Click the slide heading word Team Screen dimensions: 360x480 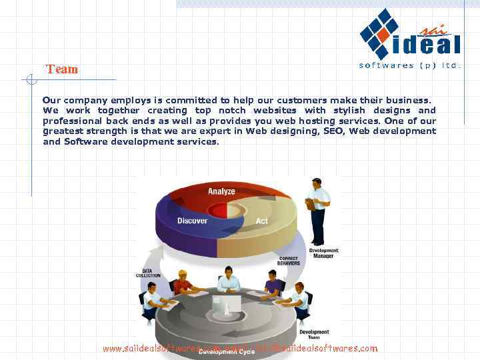(x=62, y=69)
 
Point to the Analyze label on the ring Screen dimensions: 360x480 (x=221, y=191)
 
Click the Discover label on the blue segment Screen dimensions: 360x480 (x=192, y=221)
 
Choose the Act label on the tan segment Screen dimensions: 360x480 (x=262, y=221)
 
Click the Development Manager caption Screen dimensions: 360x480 (x=324, y=253)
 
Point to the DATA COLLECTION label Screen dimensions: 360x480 (x=148, y=273)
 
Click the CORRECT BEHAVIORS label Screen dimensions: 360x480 (x=288, y=261)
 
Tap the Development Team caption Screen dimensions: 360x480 (x=314, y=335)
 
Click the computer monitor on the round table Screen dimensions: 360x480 (x=227, y=305)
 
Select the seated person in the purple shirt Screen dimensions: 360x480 (x=272, y=285)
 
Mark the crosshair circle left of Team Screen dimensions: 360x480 (x=30, y=80)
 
